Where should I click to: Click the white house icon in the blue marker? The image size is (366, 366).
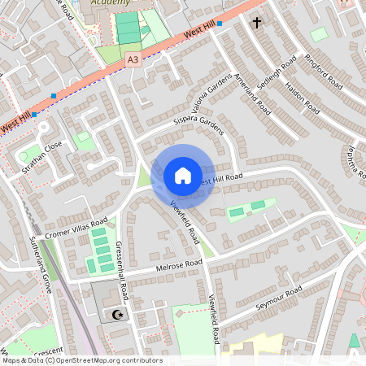pyautogui.click(x=182, y=176)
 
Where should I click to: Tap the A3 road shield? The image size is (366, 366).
pyautogui.click(x=133, y=59)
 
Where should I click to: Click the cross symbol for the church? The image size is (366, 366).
pyautogui.click(x=257, y=23)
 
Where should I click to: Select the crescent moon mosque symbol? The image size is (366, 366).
pyautogui.click(x=119, y=313)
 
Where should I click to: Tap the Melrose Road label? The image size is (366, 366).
pyautogui.click(x=178, y=267)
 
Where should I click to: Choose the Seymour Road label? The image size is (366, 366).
pyautogui.click(x=278, y=298)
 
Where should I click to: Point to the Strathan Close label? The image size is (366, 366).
pyautogui.click(x=42, y=159)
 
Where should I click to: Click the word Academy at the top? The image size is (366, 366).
pyautogui.click(x=111, y=3)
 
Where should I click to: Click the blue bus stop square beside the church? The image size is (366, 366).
pyautogui.click(x=220, y=24)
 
